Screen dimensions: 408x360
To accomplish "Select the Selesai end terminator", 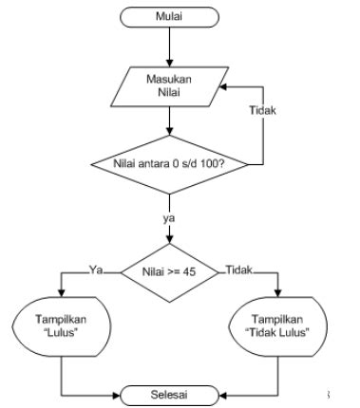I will [x=169, y=391].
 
